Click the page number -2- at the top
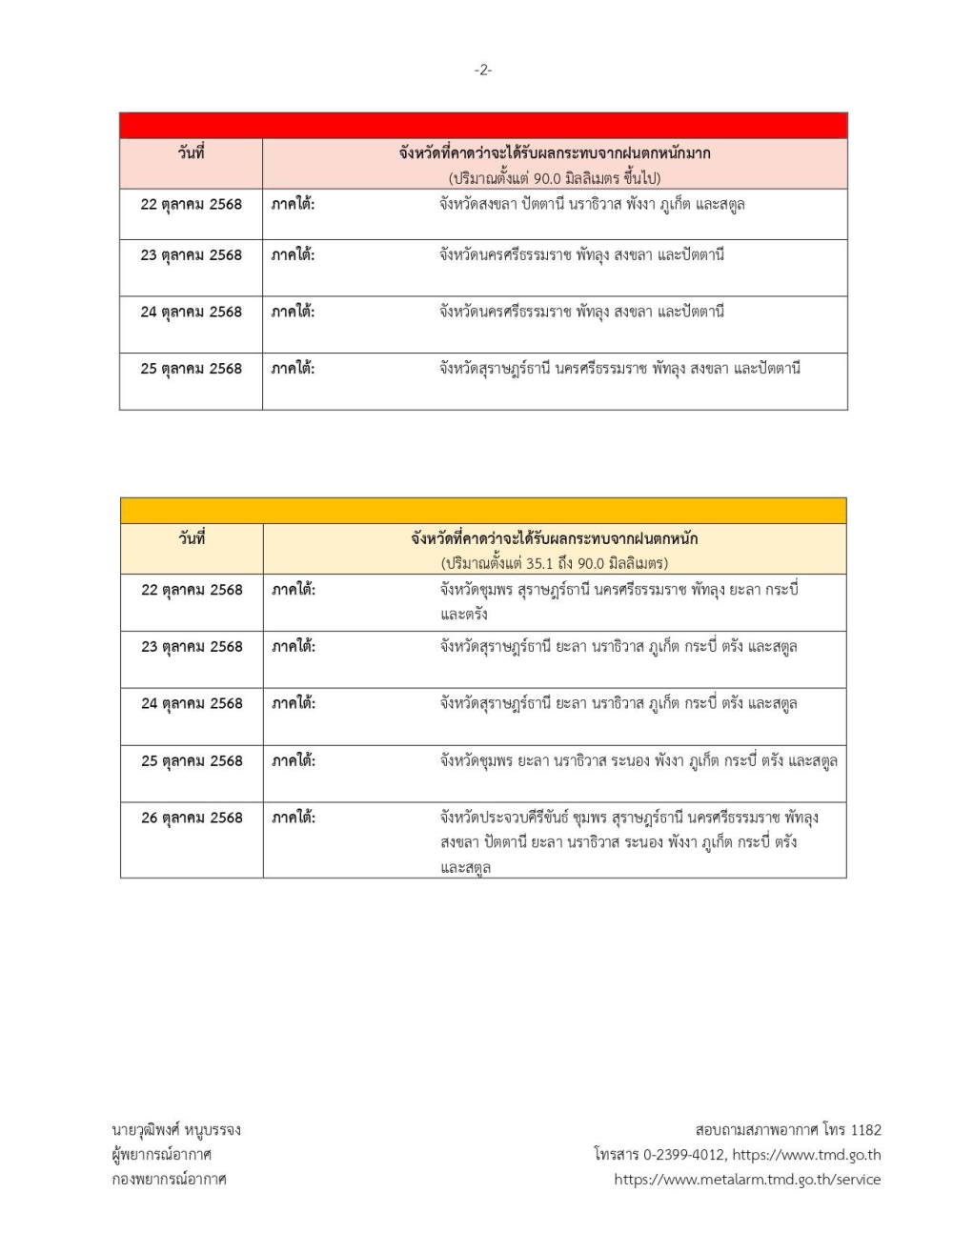tap(483, 70)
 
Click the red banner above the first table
tap(483, 126)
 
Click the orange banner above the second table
tap(483, 511)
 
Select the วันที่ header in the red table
tap(191, 152)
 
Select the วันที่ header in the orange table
tap(192, 538)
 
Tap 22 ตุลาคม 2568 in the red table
tap(191, 204)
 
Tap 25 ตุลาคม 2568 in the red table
tap(191, 369)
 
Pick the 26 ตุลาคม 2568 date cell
tap(192, 818)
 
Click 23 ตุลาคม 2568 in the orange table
tap(192, 646)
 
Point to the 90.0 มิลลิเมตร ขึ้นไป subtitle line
tap(555, 178)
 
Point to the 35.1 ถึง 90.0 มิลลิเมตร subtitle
tap(555, 563)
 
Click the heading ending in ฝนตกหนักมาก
tap(555, 152)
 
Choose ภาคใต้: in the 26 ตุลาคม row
tap(294, 818)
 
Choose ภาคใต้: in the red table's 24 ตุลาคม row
tap(293, 312)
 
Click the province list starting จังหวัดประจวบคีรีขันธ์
tap(628, 842)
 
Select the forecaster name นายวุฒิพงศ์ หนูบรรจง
tap(176, 1130)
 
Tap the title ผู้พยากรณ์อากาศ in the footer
tap(162, 1155)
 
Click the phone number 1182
tap(865, 1130)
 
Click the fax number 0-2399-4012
tap(684, 1155)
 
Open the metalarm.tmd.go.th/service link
tap(747, 1180)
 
